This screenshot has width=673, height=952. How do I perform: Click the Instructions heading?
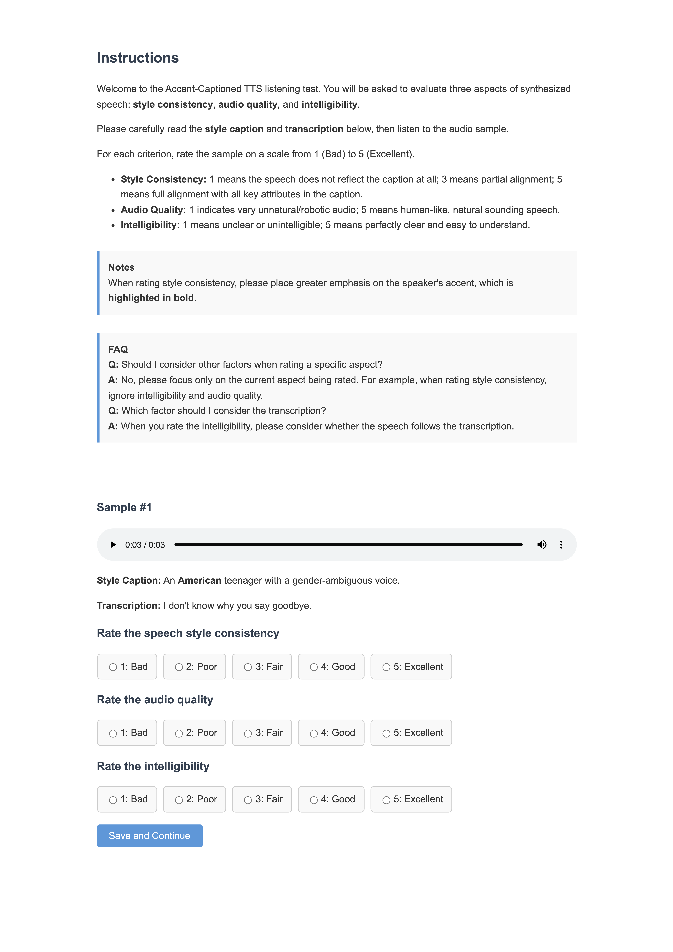coord(138,58)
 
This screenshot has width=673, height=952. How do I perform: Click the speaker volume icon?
coord(542,544)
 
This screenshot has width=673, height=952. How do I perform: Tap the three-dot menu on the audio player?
coord(561,544)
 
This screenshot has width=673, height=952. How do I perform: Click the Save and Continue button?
coord(149,835)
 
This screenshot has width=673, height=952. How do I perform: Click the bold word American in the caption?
coord(199,580)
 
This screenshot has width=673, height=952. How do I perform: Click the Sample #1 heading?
coord(124,507)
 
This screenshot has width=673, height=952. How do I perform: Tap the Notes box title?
coord(121,267)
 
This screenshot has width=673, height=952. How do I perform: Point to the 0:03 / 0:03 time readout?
coord(145,544)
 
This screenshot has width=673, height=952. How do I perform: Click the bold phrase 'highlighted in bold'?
coord(151,298)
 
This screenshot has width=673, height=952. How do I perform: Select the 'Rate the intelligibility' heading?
coord(153,766)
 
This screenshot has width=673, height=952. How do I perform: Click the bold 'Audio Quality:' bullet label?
coord(153,210)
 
